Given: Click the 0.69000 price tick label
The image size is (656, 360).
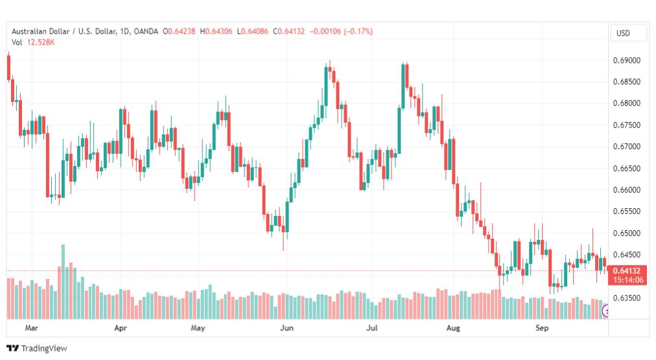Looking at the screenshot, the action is click(626, 60).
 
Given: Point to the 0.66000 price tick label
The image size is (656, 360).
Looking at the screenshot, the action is click(626, 189).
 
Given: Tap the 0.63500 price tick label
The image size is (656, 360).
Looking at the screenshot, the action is click(626, 298).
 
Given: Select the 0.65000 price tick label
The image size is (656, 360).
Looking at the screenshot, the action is click(626, 233).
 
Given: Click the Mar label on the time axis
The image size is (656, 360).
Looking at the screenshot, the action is click(31, 328).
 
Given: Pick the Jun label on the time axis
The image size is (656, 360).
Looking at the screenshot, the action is click(287, 328).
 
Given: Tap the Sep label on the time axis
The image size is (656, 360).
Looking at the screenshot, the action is click(542, 328).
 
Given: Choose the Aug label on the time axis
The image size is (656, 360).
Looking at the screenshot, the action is click(453, 328).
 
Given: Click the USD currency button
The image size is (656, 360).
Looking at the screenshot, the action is click(623, 33).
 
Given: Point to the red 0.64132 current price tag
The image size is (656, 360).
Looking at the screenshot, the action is click(627, 275).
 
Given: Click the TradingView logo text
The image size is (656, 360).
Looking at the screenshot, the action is click(44, 348).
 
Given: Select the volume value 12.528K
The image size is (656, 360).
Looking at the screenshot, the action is click(41, 42).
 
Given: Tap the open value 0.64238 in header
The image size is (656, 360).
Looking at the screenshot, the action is click(182, 31).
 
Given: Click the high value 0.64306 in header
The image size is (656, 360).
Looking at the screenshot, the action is click(218, 31).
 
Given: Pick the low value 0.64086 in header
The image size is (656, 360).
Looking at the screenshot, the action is click(255, 31).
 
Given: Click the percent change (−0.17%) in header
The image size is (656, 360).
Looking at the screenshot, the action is click(358, 31).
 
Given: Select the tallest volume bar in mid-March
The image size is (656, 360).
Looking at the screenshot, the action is click(63, 282).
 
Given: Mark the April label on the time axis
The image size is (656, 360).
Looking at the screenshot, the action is click(121, 328).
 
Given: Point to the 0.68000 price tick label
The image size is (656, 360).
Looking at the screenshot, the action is click(626, 103).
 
